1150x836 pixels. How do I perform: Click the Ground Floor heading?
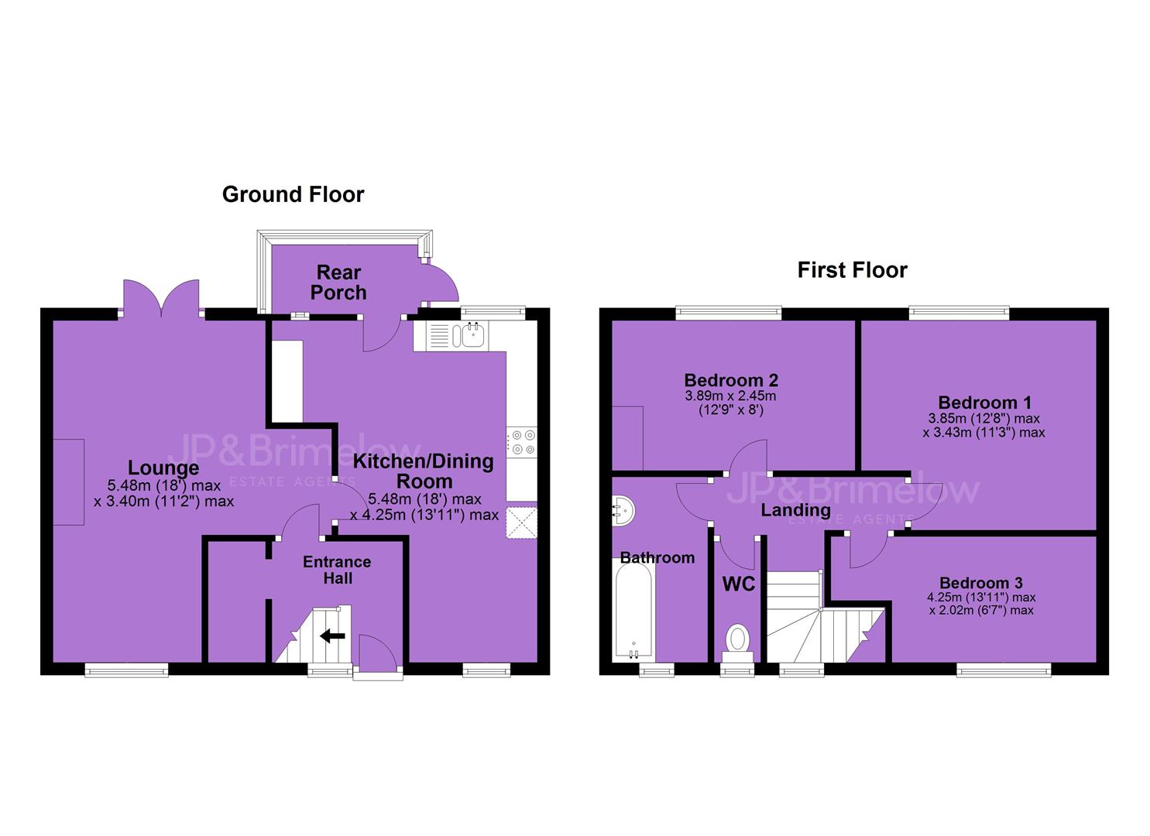294,194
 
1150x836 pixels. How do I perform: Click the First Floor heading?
852,270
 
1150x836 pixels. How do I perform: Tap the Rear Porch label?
338,283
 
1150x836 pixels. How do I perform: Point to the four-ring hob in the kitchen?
522,442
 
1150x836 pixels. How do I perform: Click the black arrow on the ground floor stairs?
333,636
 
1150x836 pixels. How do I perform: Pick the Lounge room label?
163,468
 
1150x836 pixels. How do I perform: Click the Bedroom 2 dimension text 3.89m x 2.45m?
730,396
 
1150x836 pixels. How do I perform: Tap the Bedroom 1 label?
984,403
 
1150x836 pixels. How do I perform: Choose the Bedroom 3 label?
981,583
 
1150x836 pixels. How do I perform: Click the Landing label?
796,510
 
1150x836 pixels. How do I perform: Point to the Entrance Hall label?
337,570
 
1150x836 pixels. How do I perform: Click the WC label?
739,584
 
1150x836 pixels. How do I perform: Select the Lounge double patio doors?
162,299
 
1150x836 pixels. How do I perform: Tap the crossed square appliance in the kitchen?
522,522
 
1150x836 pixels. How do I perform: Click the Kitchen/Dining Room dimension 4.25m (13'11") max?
424,515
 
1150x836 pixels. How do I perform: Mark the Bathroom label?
657,558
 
